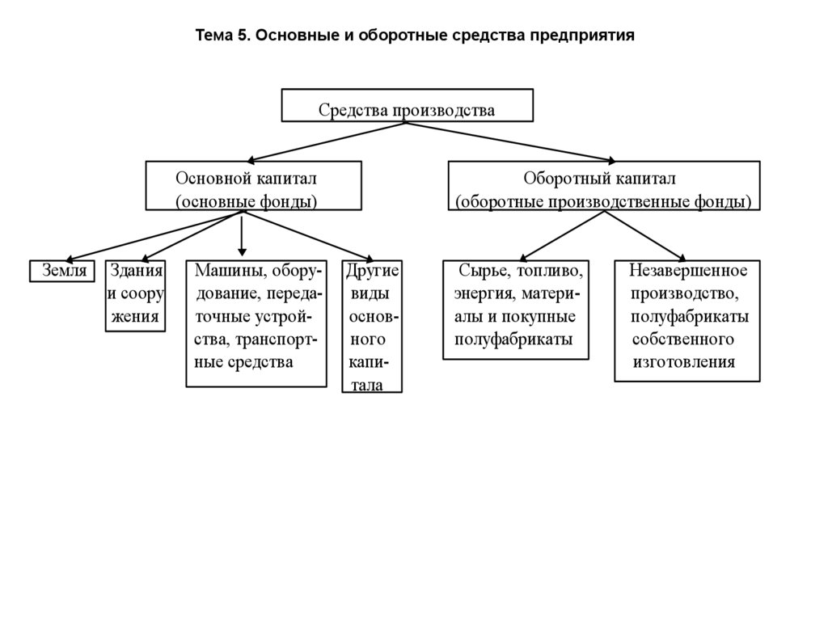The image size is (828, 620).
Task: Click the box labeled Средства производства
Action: tap(407, 106)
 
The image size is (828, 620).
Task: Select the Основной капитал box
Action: tap(253, 186)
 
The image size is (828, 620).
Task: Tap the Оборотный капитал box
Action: tap(604, 186)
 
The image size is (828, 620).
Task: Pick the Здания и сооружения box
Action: tap(136, 295)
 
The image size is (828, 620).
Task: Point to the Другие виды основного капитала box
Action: tap(372, 327)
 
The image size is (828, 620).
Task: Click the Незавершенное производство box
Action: tap(686, 320)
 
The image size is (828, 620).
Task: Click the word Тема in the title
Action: tap(214, 36)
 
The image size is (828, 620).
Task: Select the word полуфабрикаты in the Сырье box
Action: tap(513, 339)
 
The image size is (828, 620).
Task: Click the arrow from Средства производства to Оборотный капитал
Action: tap(509, 141)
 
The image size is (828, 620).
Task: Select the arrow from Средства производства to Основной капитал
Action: tap(327, 141)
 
